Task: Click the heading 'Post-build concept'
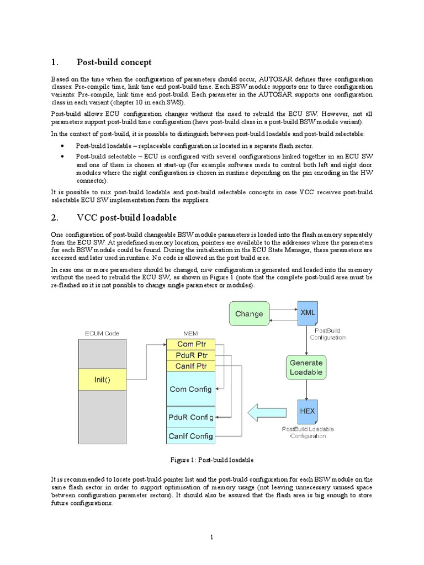point(114,62)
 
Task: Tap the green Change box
point(249,313)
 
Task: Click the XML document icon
point(308,313)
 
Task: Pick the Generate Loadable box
point(306,367)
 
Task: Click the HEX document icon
point(307,412)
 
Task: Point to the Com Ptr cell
point(189,344)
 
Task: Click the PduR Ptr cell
point(189,355)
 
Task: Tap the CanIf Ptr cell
point(189,366)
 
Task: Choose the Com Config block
point(189,389)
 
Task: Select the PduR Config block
point(189,417)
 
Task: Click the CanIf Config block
point(189,436)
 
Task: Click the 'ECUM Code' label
point(102,333)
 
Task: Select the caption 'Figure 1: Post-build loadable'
point(212,460)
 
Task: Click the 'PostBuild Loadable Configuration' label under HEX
point(308,432)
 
